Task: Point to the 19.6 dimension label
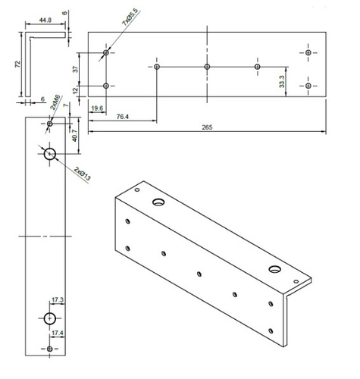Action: (x=96, y=108)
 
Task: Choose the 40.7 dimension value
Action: (x=74, y=137)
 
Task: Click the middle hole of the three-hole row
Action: (x=207, y=67)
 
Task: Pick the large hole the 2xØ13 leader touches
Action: (x=50, y=154)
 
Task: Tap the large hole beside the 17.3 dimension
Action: (x=50, y=317)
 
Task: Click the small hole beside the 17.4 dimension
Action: (x=50, y=348)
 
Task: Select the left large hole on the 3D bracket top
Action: (x=158, y=202)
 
